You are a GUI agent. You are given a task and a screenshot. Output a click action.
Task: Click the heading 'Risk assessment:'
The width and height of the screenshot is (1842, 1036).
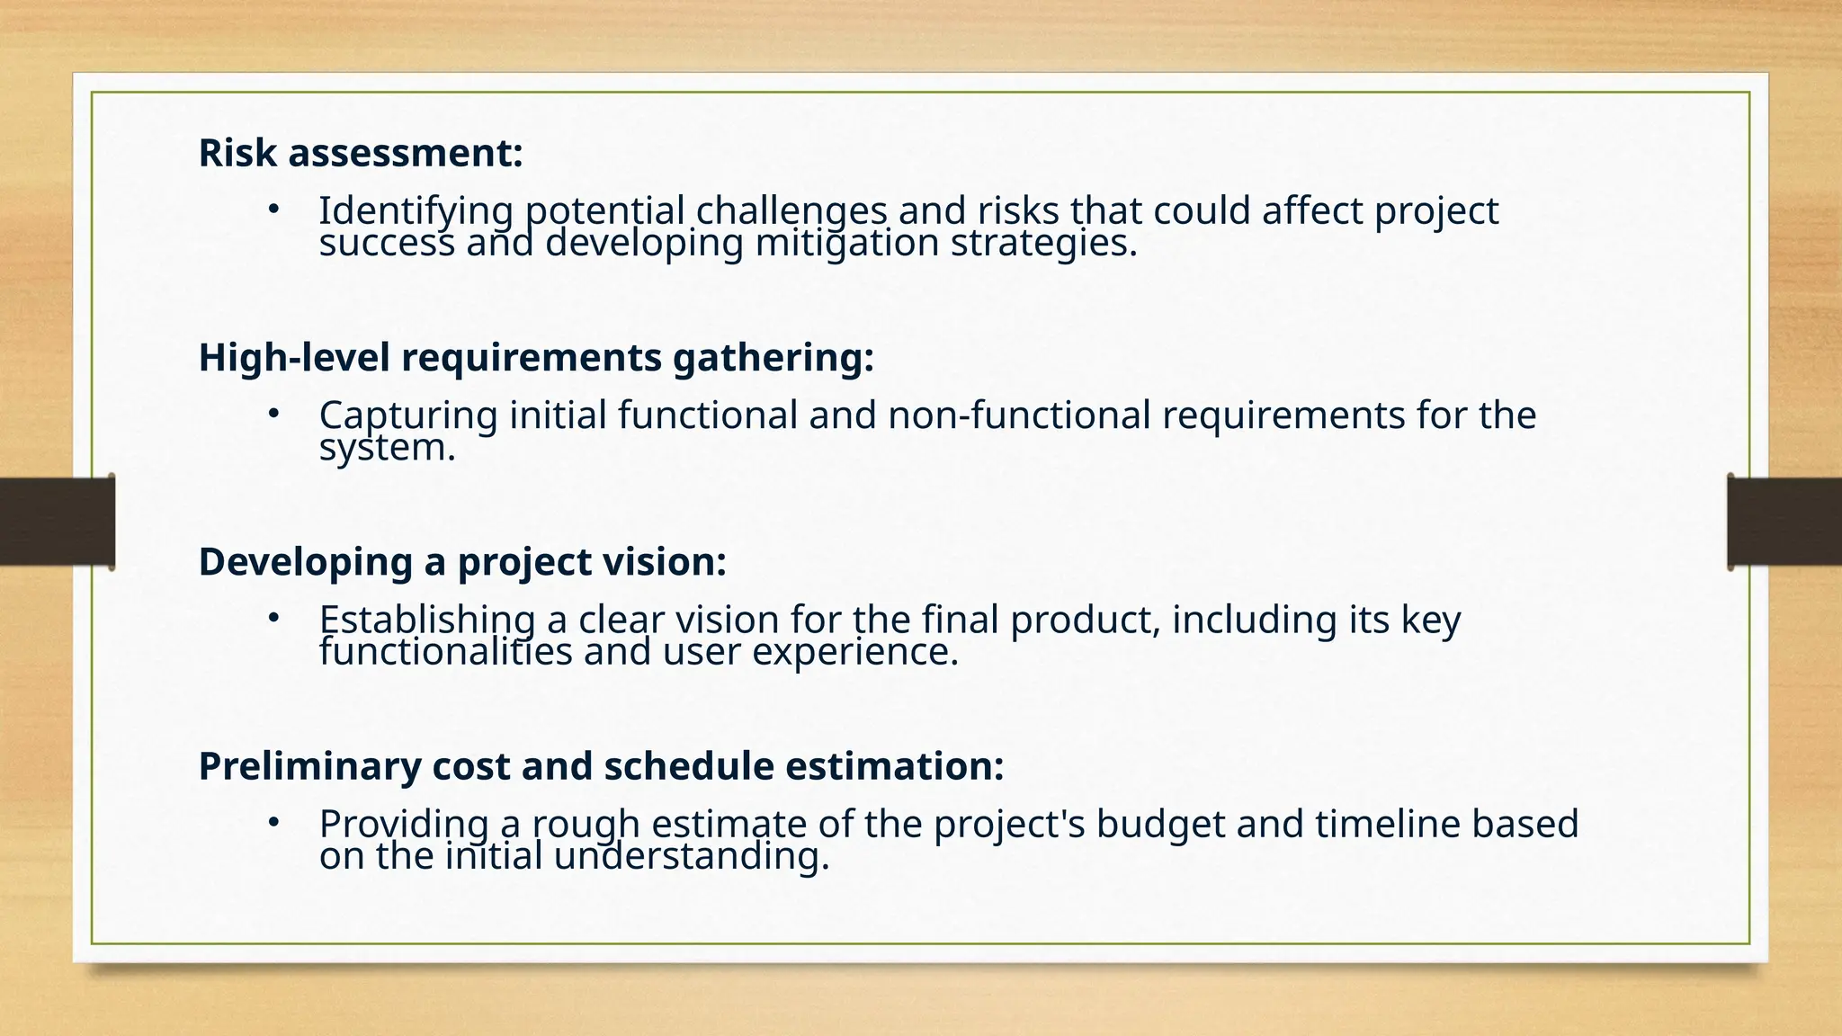coord(360,153)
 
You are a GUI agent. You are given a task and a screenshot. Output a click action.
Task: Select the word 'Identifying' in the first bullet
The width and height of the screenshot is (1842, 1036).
coord(416,211)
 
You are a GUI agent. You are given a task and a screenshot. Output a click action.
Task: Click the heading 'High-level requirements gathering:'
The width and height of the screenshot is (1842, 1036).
coord(536,357)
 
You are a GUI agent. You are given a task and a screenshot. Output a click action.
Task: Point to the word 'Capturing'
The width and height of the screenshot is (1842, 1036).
coord(407,415)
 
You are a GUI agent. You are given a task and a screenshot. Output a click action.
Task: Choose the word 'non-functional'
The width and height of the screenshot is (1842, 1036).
coord(1019,415)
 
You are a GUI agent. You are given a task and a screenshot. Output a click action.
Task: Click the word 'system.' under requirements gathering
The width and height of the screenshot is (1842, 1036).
coord(388,448)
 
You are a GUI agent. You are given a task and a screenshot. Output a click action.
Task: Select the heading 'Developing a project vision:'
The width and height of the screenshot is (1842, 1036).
coord(461,561)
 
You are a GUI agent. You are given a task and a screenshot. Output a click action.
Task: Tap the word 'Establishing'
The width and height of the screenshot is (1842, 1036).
coord(427,620)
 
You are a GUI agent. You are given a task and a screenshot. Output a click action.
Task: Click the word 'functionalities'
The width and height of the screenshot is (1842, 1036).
coord(445,652)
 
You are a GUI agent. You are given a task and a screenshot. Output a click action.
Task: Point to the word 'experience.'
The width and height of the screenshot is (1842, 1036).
coord(855,652)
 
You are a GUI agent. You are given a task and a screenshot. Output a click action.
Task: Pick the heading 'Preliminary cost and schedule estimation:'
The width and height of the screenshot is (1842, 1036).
coord(601,766)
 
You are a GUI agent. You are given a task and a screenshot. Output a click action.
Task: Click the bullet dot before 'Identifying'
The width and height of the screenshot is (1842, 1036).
coord(273,210)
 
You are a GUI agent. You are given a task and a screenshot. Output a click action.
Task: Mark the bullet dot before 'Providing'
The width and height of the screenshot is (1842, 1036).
coord(273,822)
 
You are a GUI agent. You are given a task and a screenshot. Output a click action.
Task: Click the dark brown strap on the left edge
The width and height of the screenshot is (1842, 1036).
coord(56,522)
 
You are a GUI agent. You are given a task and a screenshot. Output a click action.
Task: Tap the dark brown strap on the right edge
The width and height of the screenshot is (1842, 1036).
coord(1784,522)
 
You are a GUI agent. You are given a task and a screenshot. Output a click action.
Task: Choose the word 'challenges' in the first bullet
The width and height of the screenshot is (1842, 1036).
coord(791,211)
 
